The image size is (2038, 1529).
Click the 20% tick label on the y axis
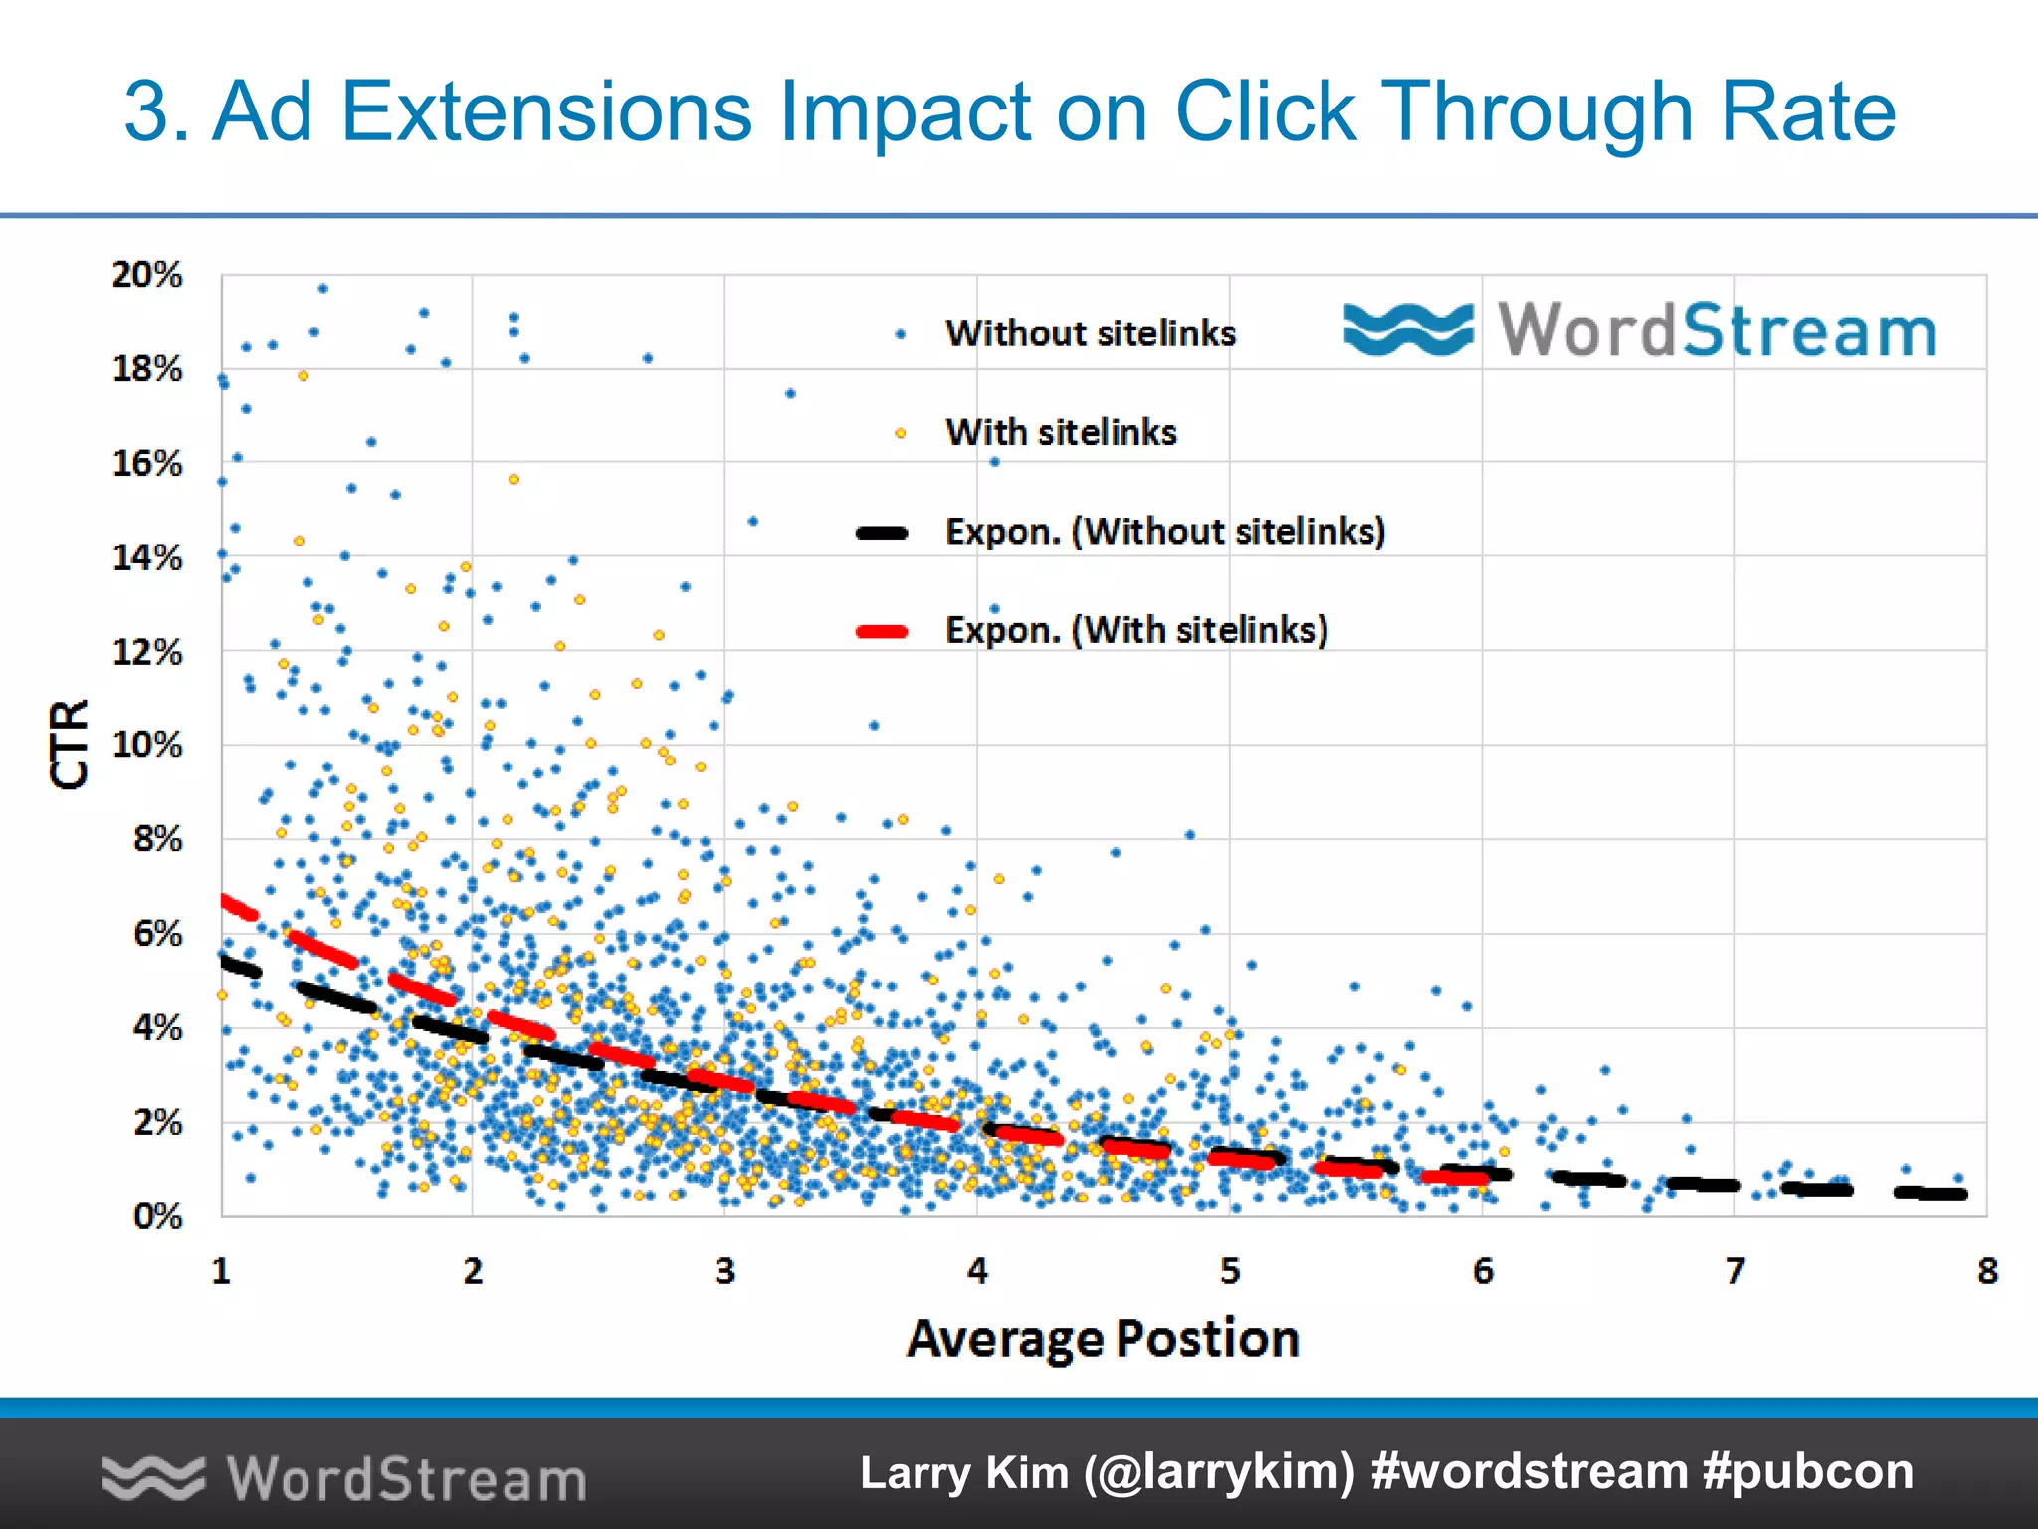click(x=147, y=275)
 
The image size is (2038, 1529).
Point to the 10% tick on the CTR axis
click(x=147, y=745)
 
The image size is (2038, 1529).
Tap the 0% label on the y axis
click(x=157, y=1216)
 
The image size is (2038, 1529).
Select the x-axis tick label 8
click(x=1987, y=1271)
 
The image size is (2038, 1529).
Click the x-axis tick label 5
click(x=1230, y=1271)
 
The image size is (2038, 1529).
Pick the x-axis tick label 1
click(x=221, y=1271)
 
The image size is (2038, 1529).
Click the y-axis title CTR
click(x=70, y=745)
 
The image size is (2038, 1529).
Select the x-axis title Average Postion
click(x=1103, y=1338)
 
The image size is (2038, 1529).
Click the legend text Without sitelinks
click(x=1091, y=333)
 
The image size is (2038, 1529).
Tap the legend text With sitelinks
click(x=1061, y=432)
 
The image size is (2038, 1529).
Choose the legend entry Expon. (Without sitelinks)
click(x=1165, y=532)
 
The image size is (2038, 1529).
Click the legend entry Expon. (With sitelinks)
click(x=1136, y=630)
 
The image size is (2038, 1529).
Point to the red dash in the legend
click(x=882, y=631)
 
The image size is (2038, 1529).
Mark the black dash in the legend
click(x=882, y=533)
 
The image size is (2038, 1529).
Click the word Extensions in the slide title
click(x=546, y=111)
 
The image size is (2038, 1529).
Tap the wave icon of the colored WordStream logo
click(x=1408, y=329)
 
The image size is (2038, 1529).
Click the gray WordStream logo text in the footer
click(x=406, y=1479)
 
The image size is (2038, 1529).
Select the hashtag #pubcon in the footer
click(x=1807, y=1472)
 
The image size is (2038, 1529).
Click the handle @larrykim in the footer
click(x=1219, y=1472)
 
